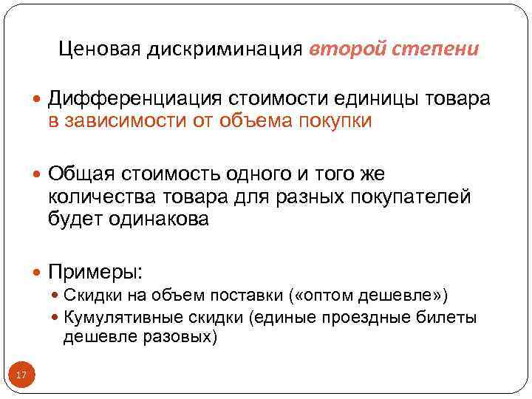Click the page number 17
coord(21,376)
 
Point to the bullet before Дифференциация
coord(38,99)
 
